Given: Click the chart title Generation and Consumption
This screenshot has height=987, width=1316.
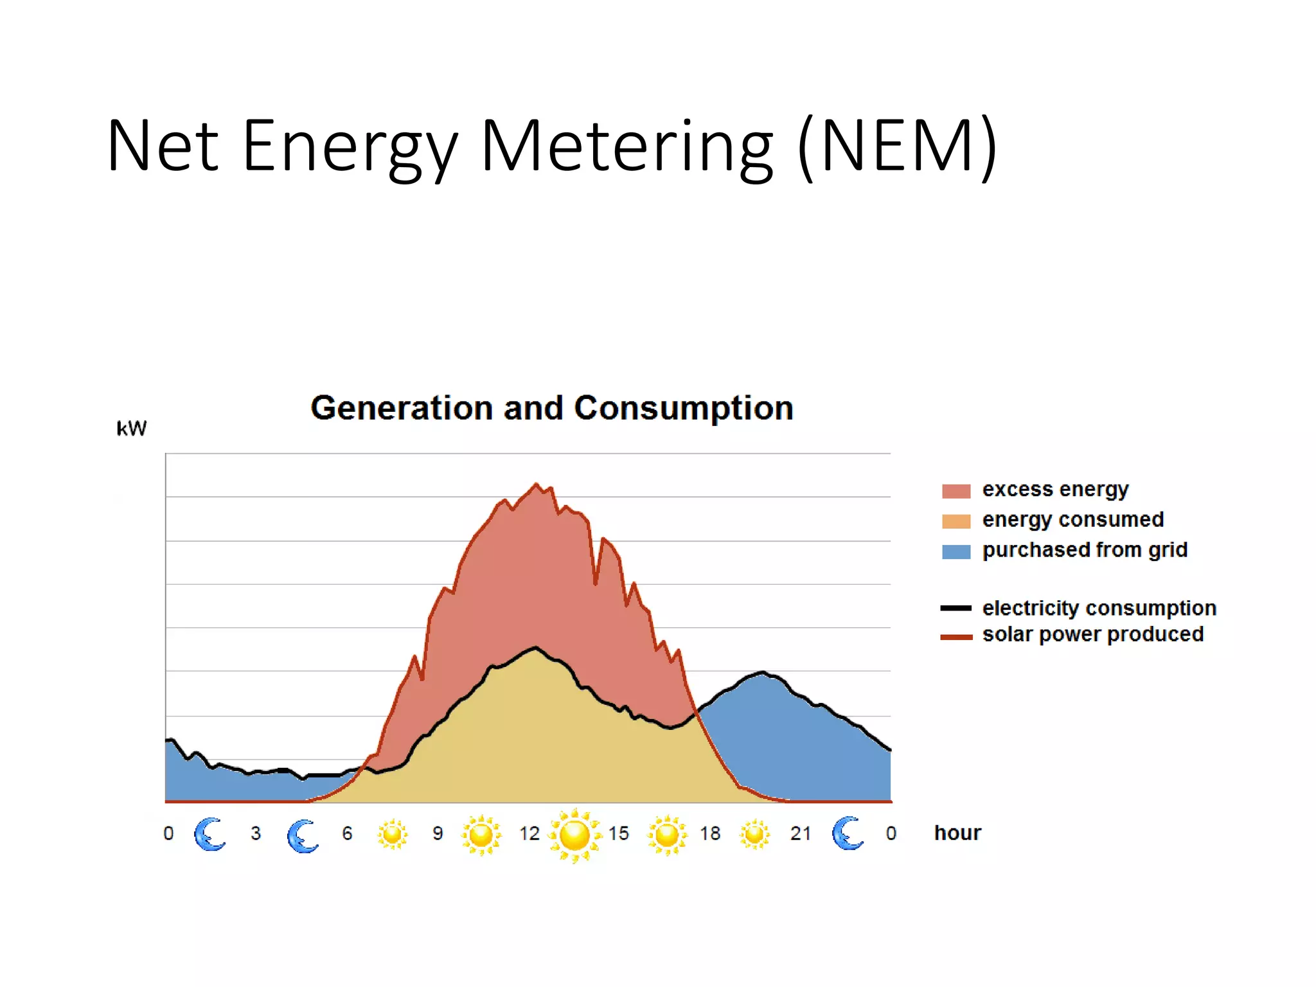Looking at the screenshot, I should point(551,408).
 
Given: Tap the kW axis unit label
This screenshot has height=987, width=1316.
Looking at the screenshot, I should point(131,429).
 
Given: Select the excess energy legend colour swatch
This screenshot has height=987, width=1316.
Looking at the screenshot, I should point(956,491).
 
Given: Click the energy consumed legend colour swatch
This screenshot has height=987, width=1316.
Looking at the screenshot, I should point(956,521).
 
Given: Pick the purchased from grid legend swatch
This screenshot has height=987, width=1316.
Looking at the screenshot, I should point(956,551).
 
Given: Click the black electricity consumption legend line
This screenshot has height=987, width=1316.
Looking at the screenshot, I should point(956,608).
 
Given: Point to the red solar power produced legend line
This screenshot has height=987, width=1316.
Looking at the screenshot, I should point(956,637).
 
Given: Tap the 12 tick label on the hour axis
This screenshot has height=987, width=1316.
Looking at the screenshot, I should point(529,833).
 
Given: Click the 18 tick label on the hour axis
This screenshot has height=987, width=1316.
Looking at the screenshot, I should point(710,833).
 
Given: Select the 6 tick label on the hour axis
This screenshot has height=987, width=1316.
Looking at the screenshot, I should point(347,833).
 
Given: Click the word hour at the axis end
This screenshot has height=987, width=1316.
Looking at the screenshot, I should point(957,833).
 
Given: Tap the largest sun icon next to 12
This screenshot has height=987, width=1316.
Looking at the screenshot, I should point(574,835).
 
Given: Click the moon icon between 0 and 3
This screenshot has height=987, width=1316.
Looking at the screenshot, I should point(209,834).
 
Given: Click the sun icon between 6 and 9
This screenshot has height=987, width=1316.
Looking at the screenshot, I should point(392,834).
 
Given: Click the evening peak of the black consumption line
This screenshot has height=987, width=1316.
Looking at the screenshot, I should point(763,672).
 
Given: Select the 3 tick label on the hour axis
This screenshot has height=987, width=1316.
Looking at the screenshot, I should point(256,833).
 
